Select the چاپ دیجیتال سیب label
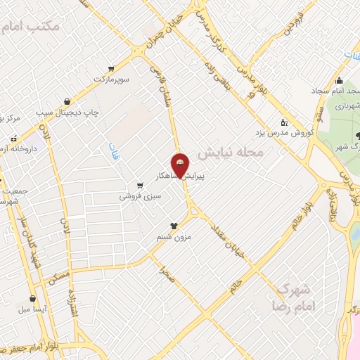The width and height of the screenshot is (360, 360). pos(76,112)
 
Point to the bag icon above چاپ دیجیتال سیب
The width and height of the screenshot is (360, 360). pos(67,101)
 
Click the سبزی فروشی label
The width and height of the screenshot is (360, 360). pos(140,197)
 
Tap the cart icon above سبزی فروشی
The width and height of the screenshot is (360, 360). pos(141,186)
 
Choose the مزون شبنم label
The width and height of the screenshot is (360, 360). pos(174,238)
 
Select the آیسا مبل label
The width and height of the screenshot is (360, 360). pos(33,308)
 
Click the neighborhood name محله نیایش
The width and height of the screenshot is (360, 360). pos(230,152)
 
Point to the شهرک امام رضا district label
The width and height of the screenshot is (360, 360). pos(293,297)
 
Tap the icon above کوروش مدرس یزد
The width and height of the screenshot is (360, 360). pos(284,121)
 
